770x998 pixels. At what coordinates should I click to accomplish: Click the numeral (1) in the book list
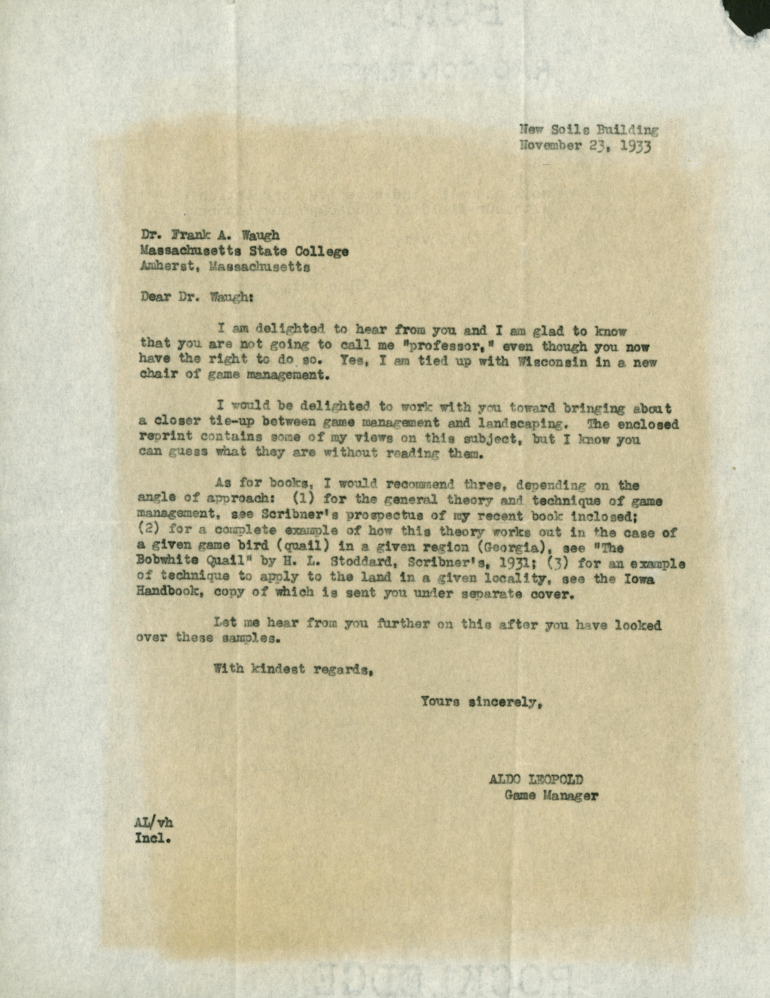[x=302, y=501]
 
